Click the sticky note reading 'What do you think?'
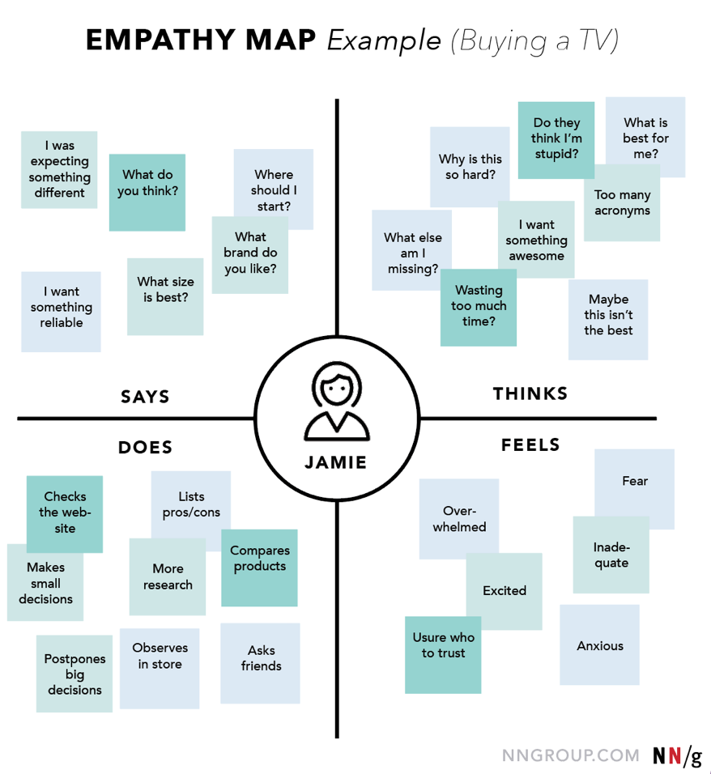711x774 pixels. point(147,191)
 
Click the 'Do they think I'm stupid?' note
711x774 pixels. point(556,139)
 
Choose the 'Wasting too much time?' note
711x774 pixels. point(479,307)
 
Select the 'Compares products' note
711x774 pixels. point(259,567)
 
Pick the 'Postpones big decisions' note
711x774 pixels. point(75,674)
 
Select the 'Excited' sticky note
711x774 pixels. point(505,591)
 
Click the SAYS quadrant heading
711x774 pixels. point(145,397)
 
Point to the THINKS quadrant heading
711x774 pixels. point(530,394)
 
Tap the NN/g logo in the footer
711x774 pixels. point(676,756)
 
